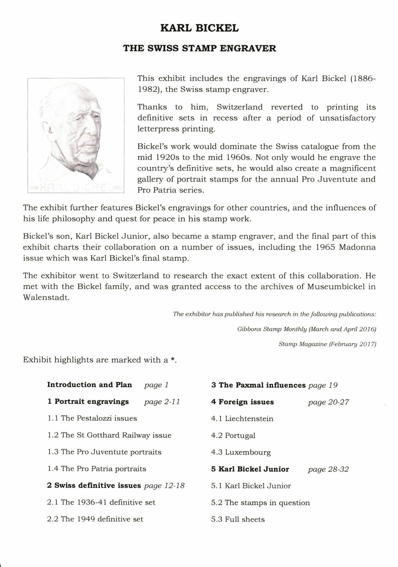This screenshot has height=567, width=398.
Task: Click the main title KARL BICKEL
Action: pos(199,28)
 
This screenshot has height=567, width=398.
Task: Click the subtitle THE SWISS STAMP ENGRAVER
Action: pos(199,49)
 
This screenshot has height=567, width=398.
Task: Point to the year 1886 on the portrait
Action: pos(33,187)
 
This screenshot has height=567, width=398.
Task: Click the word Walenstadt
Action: pos(46,298)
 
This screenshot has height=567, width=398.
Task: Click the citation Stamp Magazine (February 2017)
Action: pos(327,344)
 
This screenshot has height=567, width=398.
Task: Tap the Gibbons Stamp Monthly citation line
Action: pos(306,329)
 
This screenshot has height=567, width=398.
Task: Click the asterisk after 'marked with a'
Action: pos(173,359)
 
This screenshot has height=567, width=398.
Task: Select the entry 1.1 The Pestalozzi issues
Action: pos(92,418)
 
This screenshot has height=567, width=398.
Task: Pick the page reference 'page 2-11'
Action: pos(162,402)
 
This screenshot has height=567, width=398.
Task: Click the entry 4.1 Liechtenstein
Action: pos(242,419)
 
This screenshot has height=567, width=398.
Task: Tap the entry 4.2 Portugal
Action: pos(233,436)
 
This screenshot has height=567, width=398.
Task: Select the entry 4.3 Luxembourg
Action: pos(241,452)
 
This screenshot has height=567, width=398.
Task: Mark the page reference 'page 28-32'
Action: pos(328,469)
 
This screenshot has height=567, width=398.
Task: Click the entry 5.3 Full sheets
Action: pos(238,519)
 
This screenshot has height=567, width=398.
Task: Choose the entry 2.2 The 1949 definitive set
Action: pos(95,519)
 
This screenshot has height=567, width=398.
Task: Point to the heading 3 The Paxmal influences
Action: pos(258,385)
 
